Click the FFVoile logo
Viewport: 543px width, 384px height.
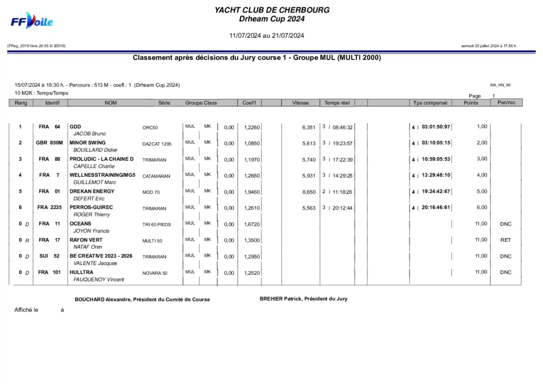(x=32, y=21)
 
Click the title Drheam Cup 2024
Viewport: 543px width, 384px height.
(x=271, y=19)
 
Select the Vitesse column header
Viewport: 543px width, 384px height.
(x=300, y=103)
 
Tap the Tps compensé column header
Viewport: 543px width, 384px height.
(x=430, y=103)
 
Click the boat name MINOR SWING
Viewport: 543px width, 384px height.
(x=87, y=143)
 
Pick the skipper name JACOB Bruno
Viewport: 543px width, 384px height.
(x=90, y=134)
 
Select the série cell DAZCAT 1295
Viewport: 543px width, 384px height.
(x=157, y=144)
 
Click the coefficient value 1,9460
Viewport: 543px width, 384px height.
(x=252, y=192)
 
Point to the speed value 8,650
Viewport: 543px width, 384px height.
(x=309, y=192)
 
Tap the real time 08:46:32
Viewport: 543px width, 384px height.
(x=343, y=127)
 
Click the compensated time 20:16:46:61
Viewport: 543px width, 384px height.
(x=436, y=208)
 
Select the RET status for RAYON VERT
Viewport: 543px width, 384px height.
(x=505, y=240)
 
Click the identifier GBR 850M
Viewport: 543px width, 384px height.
(x=49, y=143)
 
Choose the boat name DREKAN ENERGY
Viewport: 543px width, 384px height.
(x=92, y=191)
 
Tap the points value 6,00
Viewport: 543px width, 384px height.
(x=481, y=207)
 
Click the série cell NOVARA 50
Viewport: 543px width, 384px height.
(x=155, y=274)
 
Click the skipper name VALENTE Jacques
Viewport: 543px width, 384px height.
(x=95, y=264)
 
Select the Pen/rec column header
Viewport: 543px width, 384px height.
(x=506, y=102)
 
